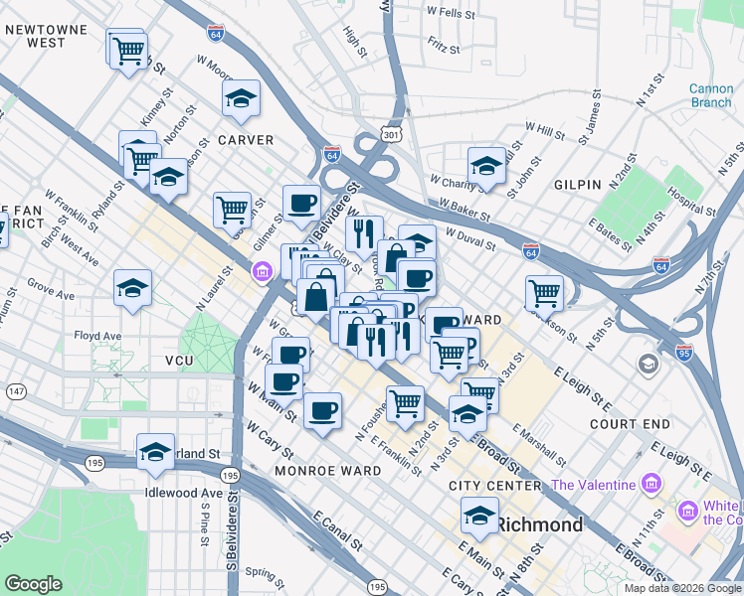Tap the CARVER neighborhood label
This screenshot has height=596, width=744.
245,140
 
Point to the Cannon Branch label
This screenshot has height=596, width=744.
711,96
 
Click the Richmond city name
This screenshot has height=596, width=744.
538,523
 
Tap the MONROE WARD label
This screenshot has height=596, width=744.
327,470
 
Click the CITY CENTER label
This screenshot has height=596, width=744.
494,486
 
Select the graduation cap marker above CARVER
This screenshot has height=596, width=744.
241,99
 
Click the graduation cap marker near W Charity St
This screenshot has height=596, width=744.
486,165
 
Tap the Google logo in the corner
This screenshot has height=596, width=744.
33,584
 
